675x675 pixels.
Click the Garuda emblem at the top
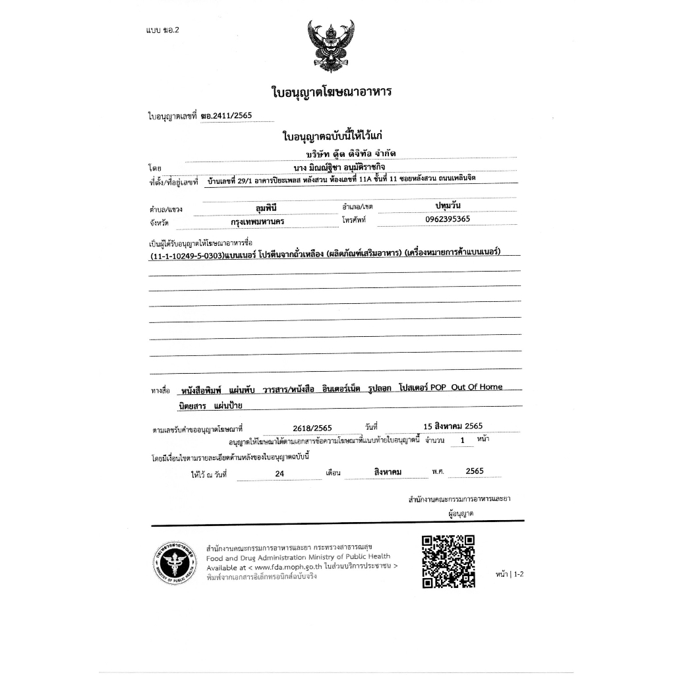click(331, 47)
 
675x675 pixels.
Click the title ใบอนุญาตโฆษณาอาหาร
click(332, 91)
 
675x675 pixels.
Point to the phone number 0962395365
click(448, 219)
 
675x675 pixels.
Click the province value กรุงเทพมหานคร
click(253, 222)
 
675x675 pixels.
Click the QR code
click(448, 560)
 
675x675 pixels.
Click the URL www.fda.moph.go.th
click(287, 567)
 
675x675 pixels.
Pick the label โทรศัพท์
click(353, 220)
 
